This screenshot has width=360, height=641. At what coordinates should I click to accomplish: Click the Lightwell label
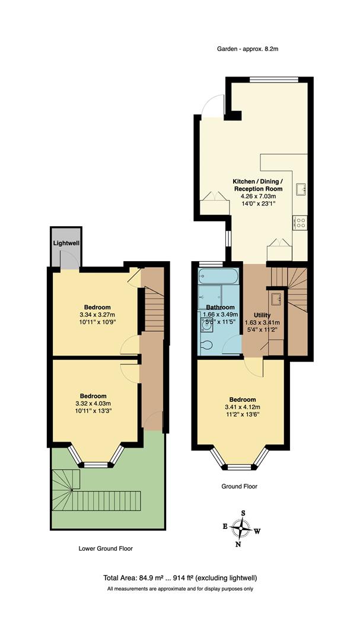(x=66, y=243)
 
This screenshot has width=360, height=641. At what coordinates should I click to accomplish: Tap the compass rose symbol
(x=242, y=527)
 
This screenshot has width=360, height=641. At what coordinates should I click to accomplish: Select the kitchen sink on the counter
(x=301, y=189)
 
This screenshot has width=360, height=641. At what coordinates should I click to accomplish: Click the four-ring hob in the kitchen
(x=300, y=223)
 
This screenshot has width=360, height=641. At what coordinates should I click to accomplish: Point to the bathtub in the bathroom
(x=218, y=276)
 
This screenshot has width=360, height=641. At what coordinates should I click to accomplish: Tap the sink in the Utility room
(x=276, y=296)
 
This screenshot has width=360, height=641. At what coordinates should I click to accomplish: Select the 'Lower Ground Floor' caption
(x=106, y=549)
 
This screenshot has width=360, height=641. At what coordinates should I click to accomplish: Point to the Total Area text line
(x=180, y=577)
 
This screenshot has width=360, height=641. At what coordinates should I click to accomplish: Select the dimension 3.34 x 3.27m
(x=97, y=315)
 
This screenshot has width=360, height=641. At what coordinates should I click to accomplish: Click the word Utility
(x=262, y=315)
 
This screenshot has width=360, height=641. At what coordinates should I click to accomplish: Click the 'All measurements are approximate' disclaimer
(x=180, y=589)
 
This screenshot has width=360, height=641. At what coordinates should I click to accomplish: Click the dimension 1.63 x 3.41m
(x=262, y=323)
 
